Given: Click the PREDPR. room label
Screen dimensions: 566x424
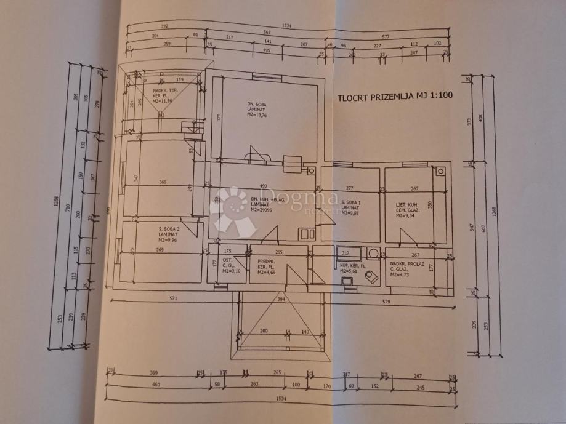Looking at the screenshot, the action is pyautogui.click(x=265, y=260).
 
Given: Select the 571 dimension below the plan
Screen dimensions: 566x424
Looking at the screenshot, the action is pyautogui.click(x=173, y=300).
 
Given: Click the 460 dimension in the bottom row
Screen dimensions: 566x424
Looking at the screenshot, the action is pyautogui.click(x=156, y=386).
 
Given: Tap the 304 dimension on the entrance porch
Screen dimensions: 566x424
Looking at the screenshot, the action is pyautogui.click(x=281, y=300).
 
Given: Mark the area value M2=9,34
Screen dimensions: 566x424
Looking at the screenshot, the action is pyautogui.click(x=407, y=216).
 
